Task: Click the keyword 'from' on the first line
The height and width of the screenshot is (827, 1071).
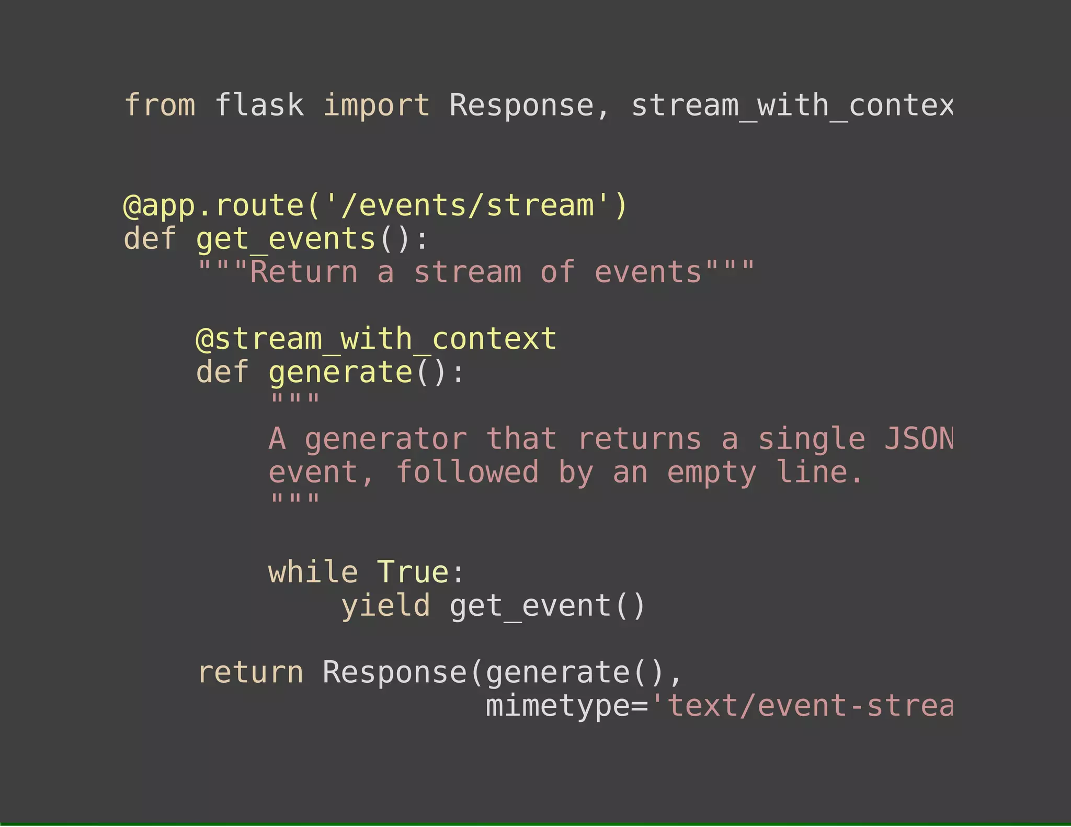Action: click(x=160, y=106)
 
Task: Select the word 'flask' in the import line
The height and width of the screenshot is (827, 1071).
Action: click(x=259, y=106)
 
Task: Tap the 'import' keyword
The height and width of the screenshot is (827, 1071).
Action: click(x=377, y=106)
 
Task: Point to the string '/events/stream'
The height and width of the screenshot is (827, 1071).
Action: click(x=467, y=205)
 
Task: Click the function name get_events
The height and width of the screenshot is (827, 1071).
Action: click(x=286, y=239)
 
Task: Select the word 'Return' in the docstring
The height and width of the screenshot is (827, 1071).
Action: click(x=304, y=272)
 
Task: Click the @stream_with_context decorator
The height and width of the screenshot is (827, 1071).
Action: click(x=376, y=339)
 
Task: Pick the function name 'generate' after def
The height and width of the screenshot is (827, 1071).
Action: click(x=340, y=372)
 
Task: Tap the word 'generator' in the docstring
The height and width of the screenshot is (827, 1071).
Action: click(x=386, y=439)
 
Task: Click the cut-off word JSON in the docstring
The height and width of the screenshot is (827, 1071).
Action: click(x=918, y=439)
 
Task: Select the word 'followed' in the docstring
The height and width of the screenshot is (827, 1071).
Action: click(x=467, y=472)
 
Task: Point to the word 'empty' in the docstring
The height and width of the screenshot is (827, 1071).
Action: click(x=711, y=472)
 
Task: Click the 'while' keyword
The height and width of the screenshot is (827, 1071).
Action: click(x=313, y=572)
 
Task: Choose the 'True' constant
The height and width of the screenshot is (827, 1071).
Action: click(x=413, y=572)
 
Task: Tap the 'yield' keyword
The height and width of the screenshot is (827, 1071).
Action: click(x=385, y=606)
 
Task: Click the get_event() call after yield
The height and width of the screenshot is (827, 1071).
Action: click(x=548, y=606)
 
